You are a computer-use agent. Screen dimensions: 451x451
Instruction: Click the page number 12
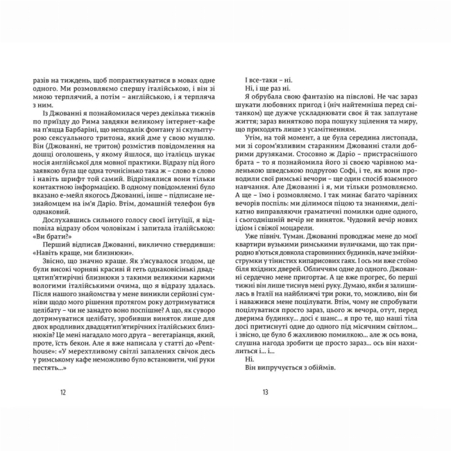[63, 392]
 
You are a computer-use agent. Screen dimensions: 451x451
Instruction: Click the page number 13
[265, 392]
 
